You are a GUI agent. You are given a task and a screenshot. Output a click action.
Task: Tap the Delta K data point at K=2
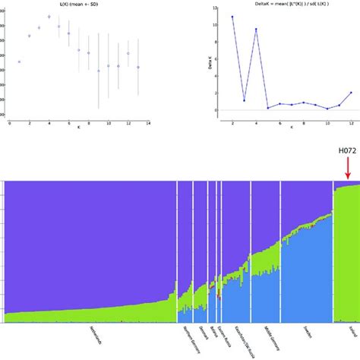pyautogui.click(x=232, y=17)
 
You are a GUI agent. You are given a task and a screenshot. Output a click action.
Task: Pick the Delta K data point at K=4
pyautogui.click(x=256, y=29)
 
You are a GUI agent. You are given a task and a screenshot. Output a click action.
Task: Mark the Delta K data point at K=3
pyautogui.click(x=244, y=100)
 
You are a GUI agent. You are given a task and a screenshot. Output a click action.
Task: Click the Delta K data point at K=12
pyautogui.click(x=351, y=92)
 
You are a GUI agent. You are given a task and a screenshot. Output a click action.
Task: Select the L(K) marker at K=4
pyautogui.click(x=49, y=16)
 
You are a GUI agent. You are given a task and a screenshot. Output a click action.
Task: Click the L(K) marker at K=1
pyautogui.click(x=20, y=62)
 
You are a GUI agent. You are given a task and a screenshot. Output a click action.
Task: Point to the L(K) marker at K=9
pyautogui.click(x=98, y=71)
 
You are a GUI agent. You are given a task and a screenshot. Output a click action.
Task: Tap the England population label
pyautogui.click(x=346, y=335)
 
